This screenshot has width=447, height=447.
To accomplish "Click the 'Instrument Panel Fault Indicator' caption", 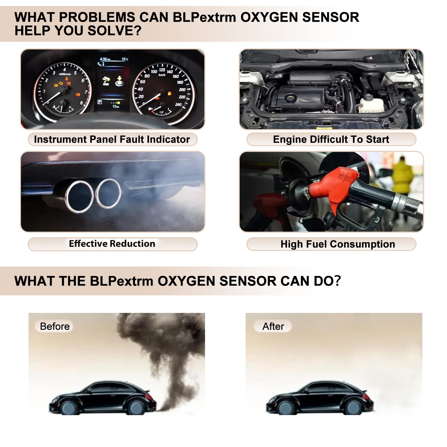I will [x=112, y=139].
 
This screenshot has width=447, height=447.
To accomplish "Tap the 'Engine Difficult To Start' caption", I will [x=331, y=139].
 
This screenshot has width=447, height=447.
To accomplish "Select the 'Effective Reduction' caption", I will [x=112, y=244].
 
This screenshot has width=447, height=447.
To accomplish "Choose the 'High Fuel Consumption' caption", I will [x=337, y=244].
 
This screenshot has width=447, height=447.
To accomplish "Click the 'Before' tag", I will [x=54, y=326].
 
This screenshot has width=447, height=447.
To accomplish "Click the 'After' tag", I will [x=273, y=326].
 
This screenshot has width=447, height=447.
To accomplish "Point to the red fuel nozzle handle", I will [x=335, y=184].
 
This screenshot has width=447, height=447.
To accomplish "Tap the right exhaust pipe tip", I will [x=108, y=194].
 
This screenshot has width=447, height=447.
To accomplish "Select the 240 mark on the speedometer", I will [x=178, y=104].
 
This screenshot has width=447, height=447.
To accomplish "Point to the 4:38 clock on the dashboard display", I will [x=105, y=59].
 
